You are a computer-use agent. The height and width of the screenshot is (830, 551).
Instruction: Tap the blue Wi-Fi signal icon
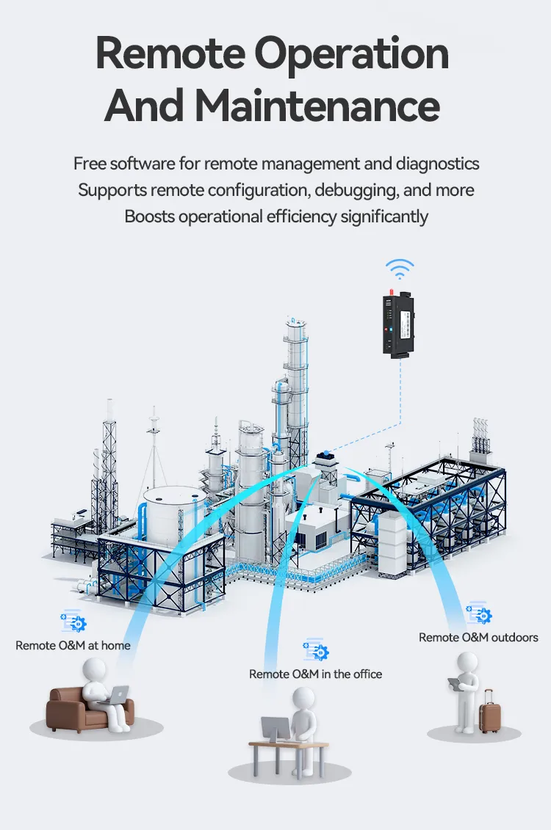coord(400,269)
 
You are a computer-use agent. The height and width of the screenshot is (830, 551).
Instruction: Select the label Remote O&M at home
coord(73,646)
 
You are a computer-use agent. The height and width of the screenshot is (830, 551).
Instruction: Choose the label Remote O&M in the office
coord(315,674)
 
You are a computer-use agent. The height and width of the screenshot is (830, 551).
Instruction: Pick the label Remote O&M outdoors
coord(478,637)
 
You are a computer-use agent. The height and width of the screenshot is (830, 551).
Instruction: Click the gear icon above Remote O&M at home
coord(74,622)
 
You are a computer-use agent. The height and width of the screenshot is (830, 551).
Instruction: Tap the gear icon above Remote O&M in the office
coord(317,649)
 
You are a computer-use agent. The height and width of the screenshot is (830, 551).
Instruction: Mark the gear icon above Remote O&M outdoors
coord(479,614)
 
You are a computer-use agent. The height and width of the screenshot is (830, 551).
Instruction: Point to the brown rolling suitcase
coord(489,710)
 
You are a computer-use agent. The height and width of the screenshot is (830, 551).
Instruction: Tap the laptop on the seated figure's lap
coord(117,694)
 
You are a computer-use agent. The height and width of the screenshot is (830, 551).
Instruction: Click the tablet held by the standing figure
coord(455,684)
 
